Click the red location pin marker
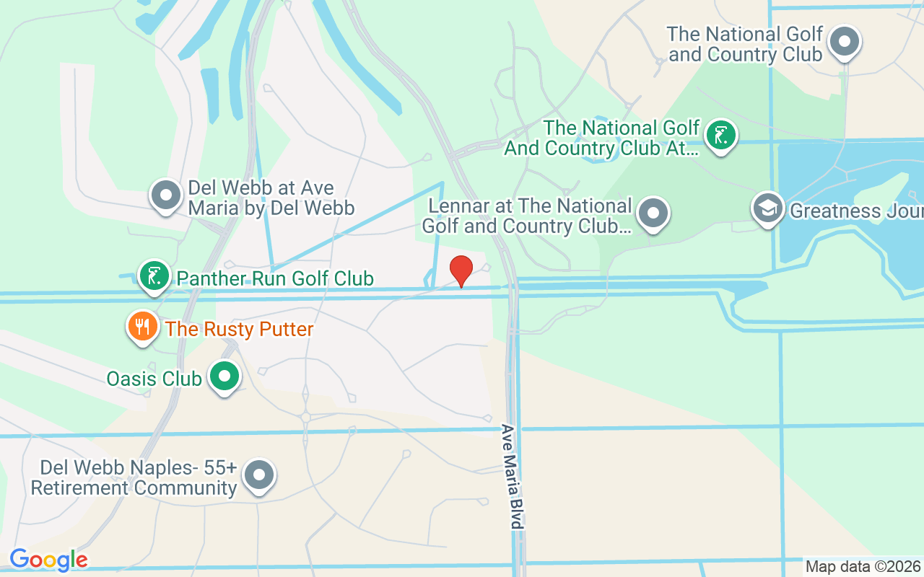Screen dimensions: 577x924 pyautogui.click(x=461, y=270)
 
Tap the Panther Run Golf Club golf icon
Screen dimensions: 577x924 pyautogui.click(x=154, y=276)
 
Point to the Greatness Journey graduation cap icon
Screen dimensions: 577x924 pyautogui.click(x=767, y=208)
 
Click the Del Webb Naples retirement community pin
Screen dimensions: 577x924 pyautogui.click(x=259, y=476)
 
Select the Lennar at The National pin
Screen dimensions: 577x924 pyautogui.click(x=654, y=213)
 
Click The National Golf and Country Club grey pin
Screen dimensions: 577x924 pyautogui.click(x=844, y=42)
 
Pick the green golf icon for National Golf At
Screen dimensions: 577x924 pyautogui.click(x=720, y=135)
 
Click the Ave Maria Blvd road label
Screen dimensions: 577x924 pyautogui.click(x=512, y=476)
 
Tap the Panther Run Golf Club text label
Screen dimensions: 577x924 pyautogui.click(x=275, y=278)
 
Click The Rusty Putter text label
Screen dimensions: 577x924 pyautogui.click(x=239, y=330)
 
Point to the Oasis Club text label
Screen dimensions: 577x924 pyautogui.click(x=154, y=378)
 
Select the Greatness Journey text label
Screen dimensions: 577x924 pyautogui.click(x=856, y=211)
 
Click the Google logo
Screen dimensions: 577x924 pyautogui.click(x=48, y=560)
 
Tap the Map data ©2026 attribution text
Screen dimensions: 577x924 pyautogui.click(x=863, y=567)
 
